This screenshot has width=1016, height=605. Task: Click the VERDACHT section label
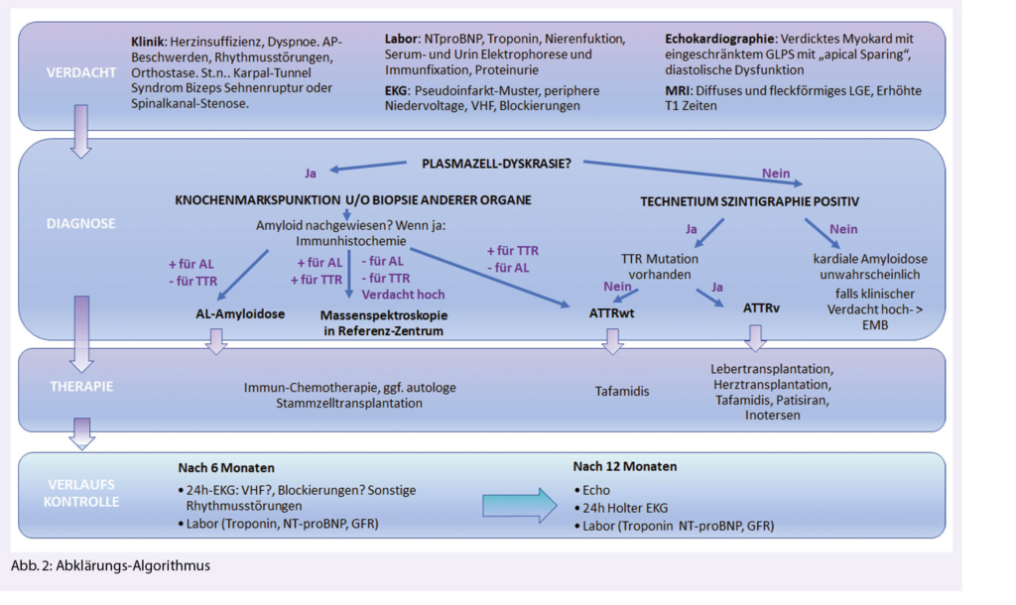point(72,72)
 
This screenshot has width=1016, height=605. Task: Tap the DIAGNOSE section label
point(73,224)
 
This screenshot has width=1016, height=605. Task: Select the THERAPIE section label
point(71,388)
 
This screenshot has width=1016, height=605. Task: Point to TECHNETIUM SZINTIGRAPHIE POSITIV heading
point(750,201)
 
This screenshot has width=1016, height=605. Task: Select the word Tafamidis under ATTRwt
point(622,391)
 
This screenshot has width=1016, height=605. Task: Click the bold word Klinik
point(150,44)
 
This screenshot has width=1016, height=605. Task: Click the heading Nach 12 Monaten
point(625,466)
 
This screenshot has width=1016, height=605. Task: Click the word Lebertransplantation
point(771,367)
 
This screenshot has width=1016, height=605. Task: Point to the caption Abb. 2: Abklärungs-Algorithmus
point(111,566)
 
